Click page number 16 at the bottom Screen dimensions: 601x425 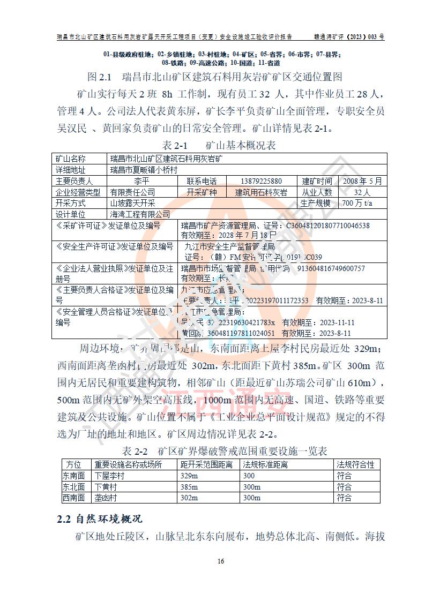[x=220, y=561]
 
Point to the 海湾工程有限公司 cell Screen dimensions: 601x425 [x=140, y=214]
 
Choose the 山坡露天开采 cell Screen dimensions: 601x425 [x=133, y=203]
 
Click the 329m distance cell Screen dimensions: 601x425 [x=189, y=476]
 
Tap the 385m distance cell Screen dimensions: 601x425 [x=189, y=487]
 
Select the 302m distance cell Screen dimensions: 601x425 [x=189, y=498]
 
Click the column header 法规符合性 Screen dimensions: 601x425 [x=355, y=464]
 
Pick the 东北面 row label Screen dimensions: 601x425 [x=74, y=487]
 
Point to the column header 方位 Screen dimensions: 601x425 [x=74, y=464]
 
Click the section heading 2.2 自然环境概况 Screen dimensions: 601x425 [x=99, y=520]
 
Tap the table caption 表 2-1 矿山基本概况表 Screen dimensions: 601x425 [x=219, y=146]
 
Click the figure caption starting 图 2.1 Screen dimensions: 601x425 [x=214, y=77]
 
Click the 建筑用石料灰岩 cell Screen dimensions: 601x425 [x=261, y=192]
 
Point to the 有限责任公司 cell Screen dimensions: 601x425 [x=133, y=192]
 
